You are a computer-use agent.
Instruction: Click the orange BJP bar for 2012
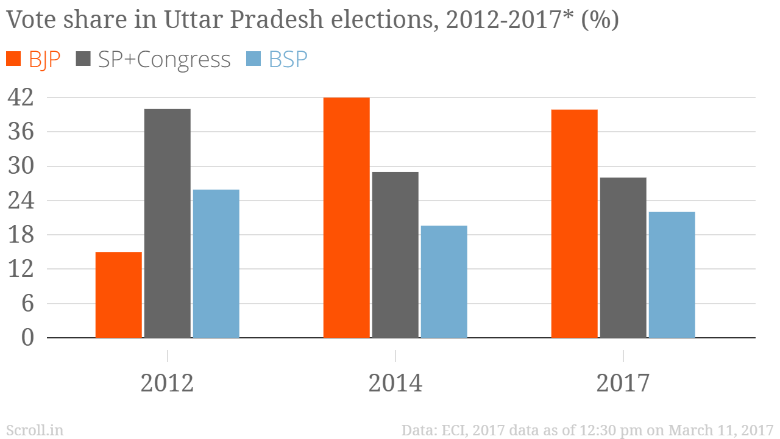(119, 294)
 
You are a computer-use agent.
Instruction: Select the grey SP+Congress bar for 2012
(168, 223)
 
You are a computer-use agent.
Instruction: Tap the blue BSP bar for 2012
(216, 263)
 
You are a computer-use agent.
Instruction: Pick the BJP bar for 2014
(346, 217)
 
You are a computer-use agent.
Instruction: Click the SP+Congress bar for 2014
(395, 254)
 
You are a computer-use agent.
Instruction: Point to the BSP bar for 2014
(444, 281)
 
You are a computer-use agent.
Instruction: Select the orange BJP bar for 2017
(574, 223)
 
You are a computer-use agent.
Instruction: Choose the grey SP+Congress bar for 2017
(623, 257)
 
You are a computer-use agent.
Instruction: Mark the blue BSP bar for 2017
(672, 274)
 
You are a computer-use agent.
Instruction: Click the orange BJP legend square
(14, 59)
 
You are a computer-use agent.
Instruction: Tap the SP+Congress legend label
(164, 60)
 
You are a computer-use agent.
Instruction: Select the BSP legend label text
(288, 60)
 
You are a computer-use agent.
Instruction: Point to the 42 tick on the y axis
(19, 98)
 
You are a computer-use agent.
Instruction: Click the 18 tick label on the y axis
(19, 235)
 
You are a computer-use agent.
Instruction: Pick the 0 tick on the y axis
(27, 338)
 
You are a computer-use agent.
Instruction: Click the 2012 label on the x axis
(167, 384)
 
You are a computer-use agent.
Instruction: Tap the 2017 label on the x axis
(623, 384)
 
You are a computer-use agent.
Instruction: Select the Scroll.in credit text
(34, 430)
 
